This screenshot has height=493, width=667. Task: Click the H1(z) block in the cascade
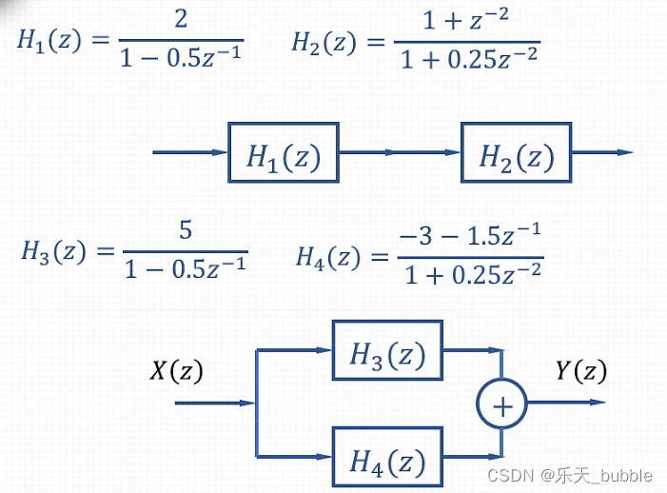point(284,152)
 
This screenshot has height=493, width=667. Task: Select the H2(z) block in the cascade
point(516,152)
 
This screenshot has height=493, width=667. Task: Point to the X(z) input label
point(176,371)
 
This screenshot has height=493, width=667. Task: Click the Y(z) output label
point(581,371)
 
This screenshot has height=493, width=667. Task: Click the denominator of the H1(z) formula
point(181,58)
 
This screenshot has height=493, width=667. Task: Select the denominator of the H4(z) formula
point(472,275)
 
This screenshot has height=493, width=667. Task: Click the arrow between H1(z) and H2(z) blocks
point(400,152)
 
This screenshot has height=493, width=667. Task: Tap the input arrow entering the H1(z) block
point(190,152)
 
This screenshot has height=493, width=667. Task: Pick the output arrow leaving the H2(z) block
point(602,152)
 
